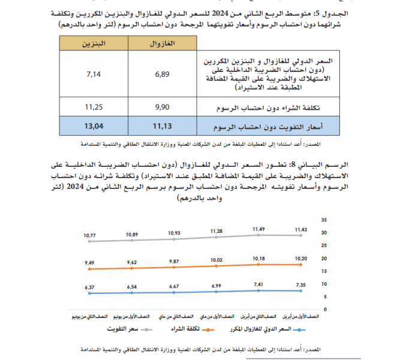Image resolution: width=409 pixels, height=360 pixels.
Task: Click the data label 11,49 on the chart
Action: [258, 229]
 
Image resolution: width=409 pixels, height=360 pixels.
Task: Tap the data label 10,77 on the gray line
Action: [90, 236]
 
